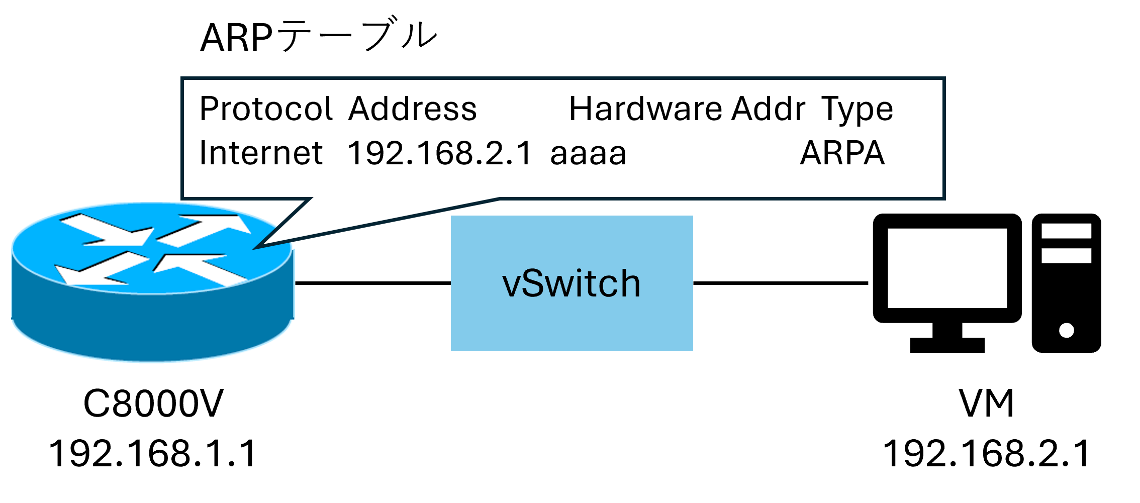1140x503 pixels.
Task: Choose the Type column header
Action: click(857, 110)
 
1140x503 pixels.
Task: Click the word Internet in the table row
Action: click(260, 153)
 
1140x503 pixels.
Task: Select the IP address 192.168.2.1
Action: click(439, 153)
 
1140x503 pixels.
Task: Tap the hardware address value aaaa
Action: click(588, 154)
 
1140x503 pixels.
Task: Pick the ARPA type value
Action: click(842, 153)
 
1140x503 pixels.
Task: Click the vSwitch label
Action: click(572, 283)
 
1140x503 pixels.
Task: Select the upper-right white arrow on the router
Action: click(206, 229)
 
